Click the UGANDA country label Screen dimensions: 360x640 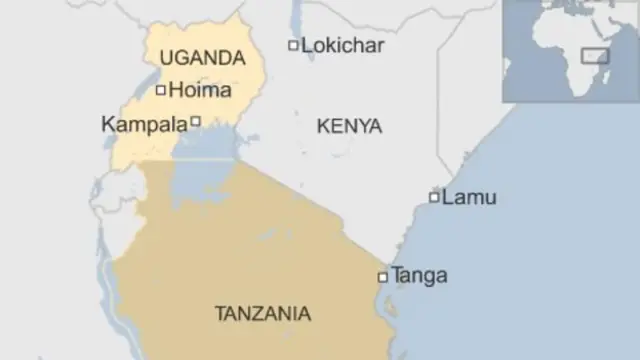point(201,57)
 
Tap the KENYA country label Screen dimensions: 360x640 point(349,126)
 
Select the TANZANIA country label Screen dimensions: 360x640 point(262,313)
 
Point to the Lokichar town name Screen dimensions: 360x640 point(342,45)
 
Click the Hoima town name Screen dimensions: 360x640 point(200,90)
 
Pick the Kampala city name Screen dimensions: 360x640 point(144,125)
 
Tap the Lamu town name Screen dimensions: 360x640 point(468,197)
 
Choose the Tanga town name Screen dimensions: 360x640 point(419,275)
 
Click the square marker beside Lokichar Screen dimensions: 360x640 point(293,45)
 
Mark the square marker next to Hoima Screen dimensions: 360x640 point(161,90)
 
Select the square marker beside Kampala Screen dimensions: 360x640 point(196,121)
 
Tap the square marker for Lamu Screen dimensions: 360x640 point(434,197)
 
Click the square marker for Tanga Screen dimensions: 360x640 point(382,276)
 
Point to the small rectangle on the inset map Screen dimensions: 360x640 point(596,56)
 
